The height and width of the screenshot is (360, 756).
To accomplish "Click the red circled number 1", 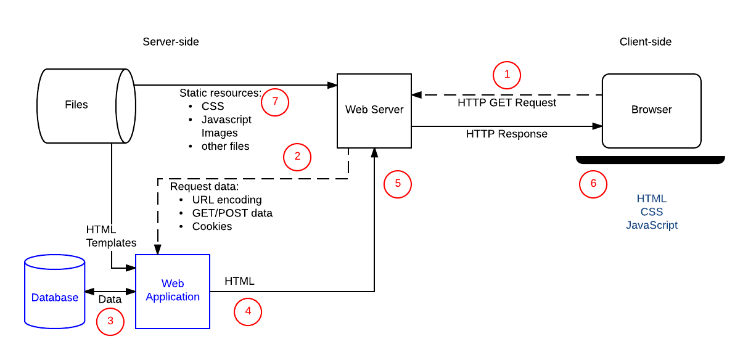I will (507, 75).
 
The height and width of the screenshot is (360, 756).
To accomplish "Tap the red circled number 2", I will (297, 157).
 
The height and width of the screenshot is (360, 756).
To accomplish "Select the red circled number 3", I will (110, 321).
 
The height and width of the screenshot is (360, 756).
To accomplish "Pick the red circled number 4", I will (248, 311).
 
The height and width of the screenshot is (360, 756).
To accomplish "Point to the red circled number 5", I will (397, 184).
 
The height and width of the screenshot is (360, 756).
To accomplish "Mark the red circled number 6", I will (593, 184).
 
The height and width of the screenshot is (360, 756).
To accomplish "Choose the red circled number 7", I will (275, 102).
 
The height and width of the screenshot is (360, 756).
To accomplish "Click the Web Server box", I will (374, 110).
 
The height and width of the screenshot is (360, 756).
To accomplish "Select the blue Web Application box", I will (173, 291).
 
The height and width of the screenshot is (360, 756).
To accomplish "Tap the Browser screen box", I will (651, 110).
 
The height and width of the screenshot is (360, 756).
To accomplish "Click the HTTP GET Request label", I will (507, 103).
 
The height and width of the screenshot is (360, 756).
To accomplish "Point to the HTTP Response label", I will (506, 134).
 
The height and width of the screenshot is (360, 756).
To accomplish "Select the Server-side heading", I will (171, 42).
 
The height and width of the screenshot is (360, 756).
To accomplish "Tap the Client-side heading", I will (646, 42).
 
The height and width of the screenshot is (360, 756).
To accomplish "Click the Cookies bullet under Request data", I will (212, 226).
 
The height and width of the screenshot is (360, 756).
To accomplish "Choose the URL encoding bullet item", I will (226, 200).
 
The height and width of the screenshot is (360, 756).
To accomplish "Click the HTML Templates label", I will (111, 236).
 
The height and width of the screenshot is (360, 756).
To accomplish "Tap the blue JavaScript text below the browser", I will (652, 226).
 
